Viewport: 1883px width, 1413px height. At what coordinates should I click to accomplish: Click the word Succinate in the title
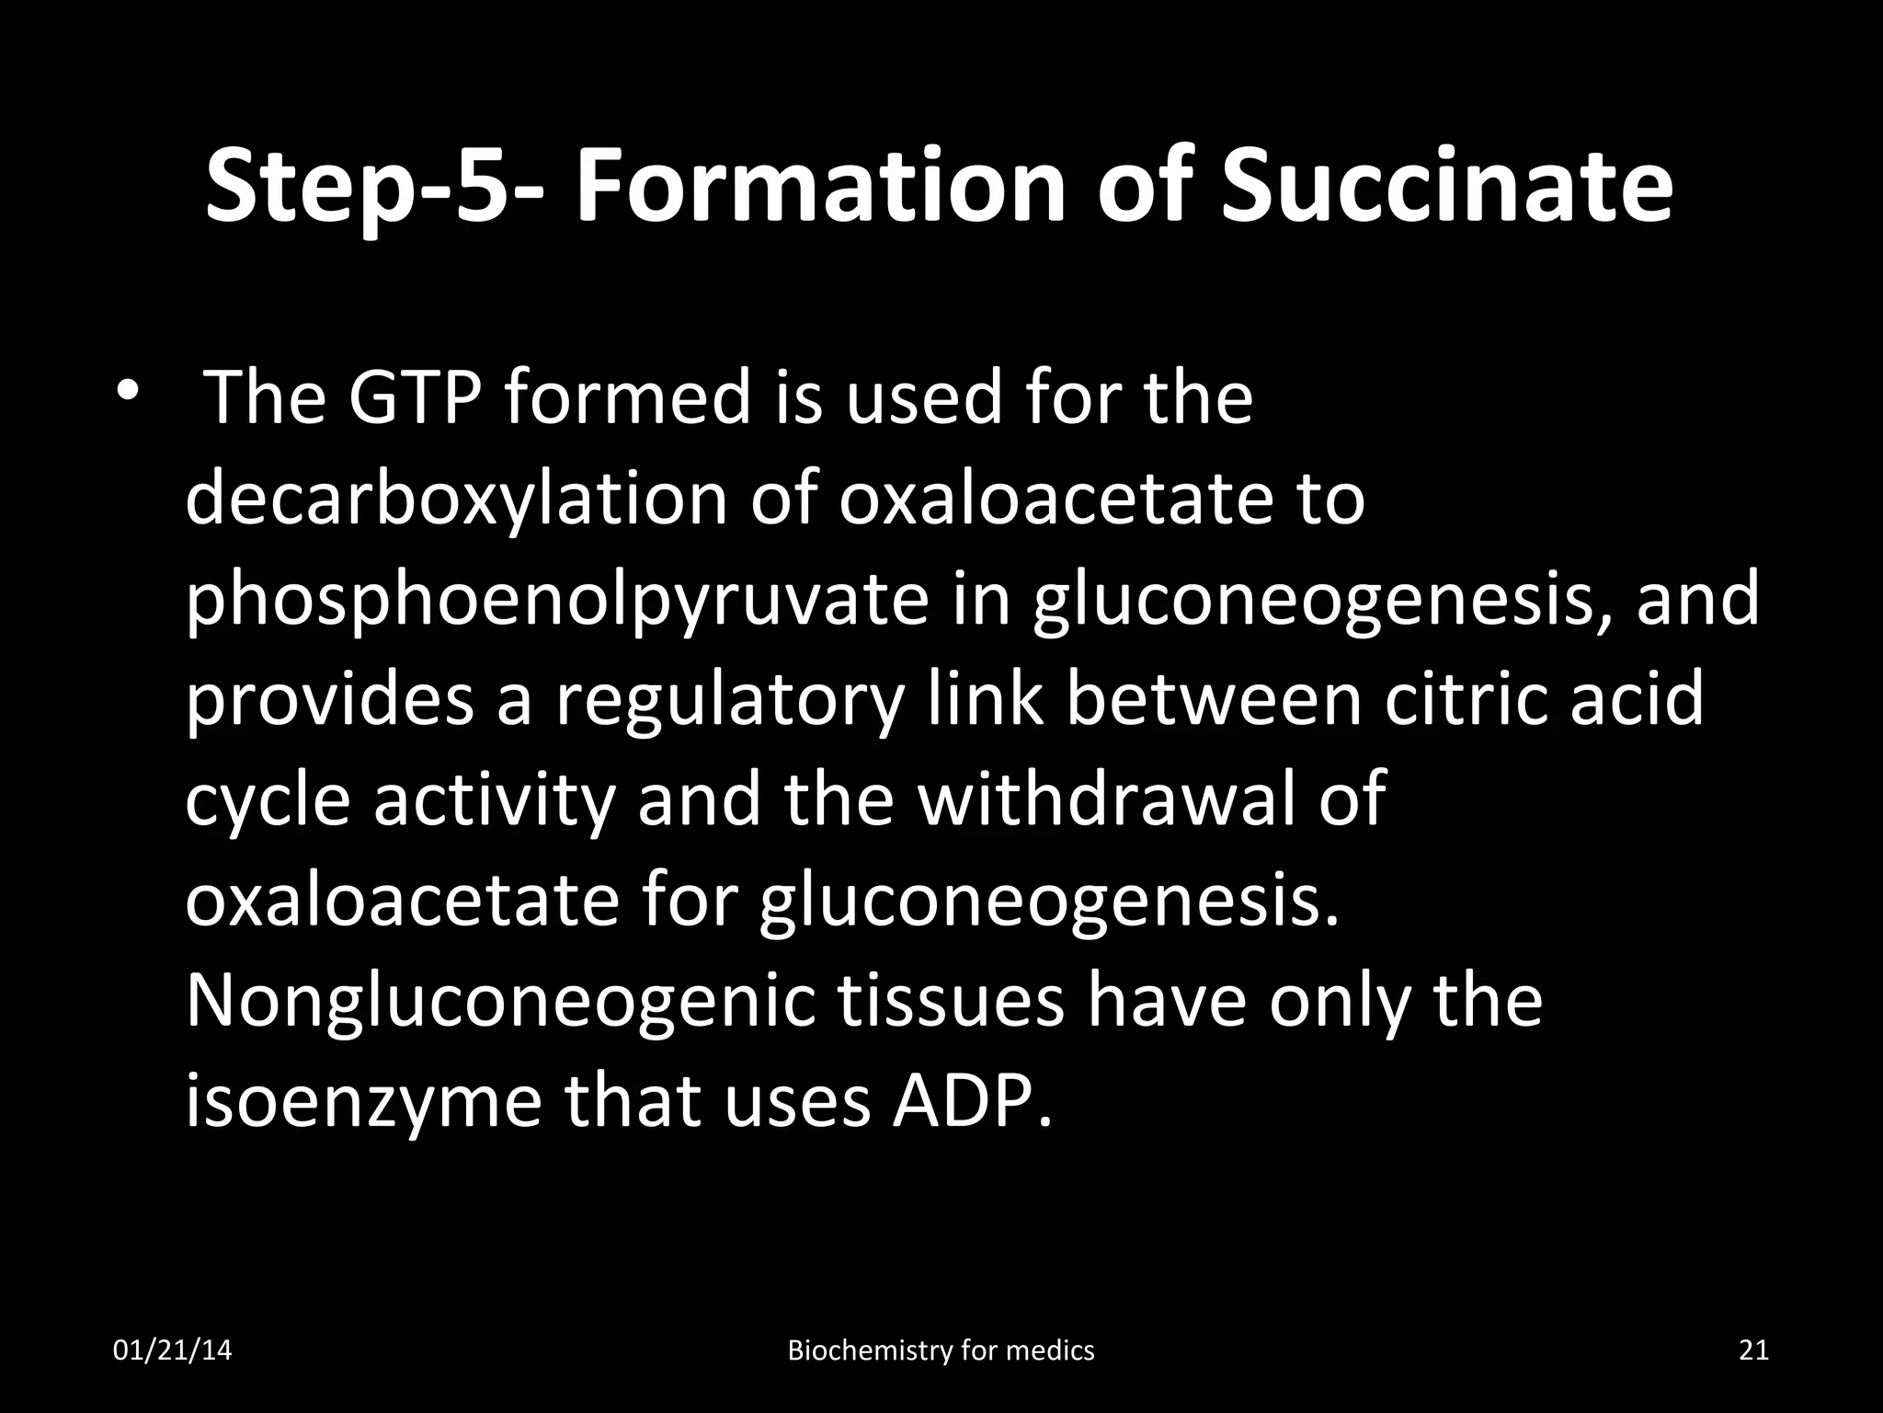1446,186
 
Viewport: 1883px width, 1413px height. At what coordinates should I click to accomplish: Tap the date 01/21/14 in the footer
172,1350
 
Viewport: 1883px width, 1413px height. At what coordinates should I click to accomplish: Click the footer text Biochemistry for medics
941,1350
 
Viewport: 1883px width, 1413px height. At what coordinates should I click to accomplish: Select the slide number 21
1754,1350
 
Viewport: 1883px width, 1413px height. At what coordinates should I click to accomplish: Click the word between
1215,700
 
